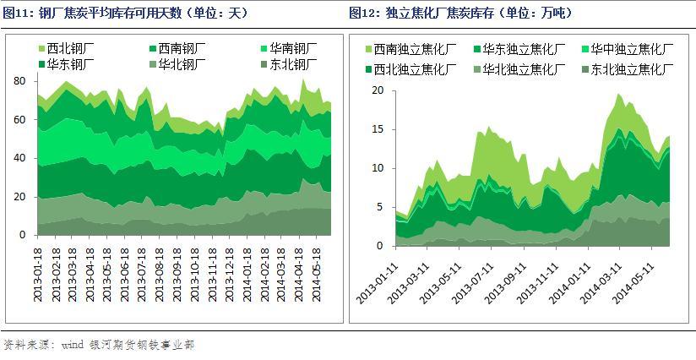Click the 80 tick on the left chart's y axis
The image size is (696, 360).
tap(21, 80)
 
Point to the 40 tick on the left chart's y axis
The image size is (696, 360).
tap(21, 158)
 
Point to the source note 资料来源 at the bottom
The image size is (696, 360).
tap(99, 345)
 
